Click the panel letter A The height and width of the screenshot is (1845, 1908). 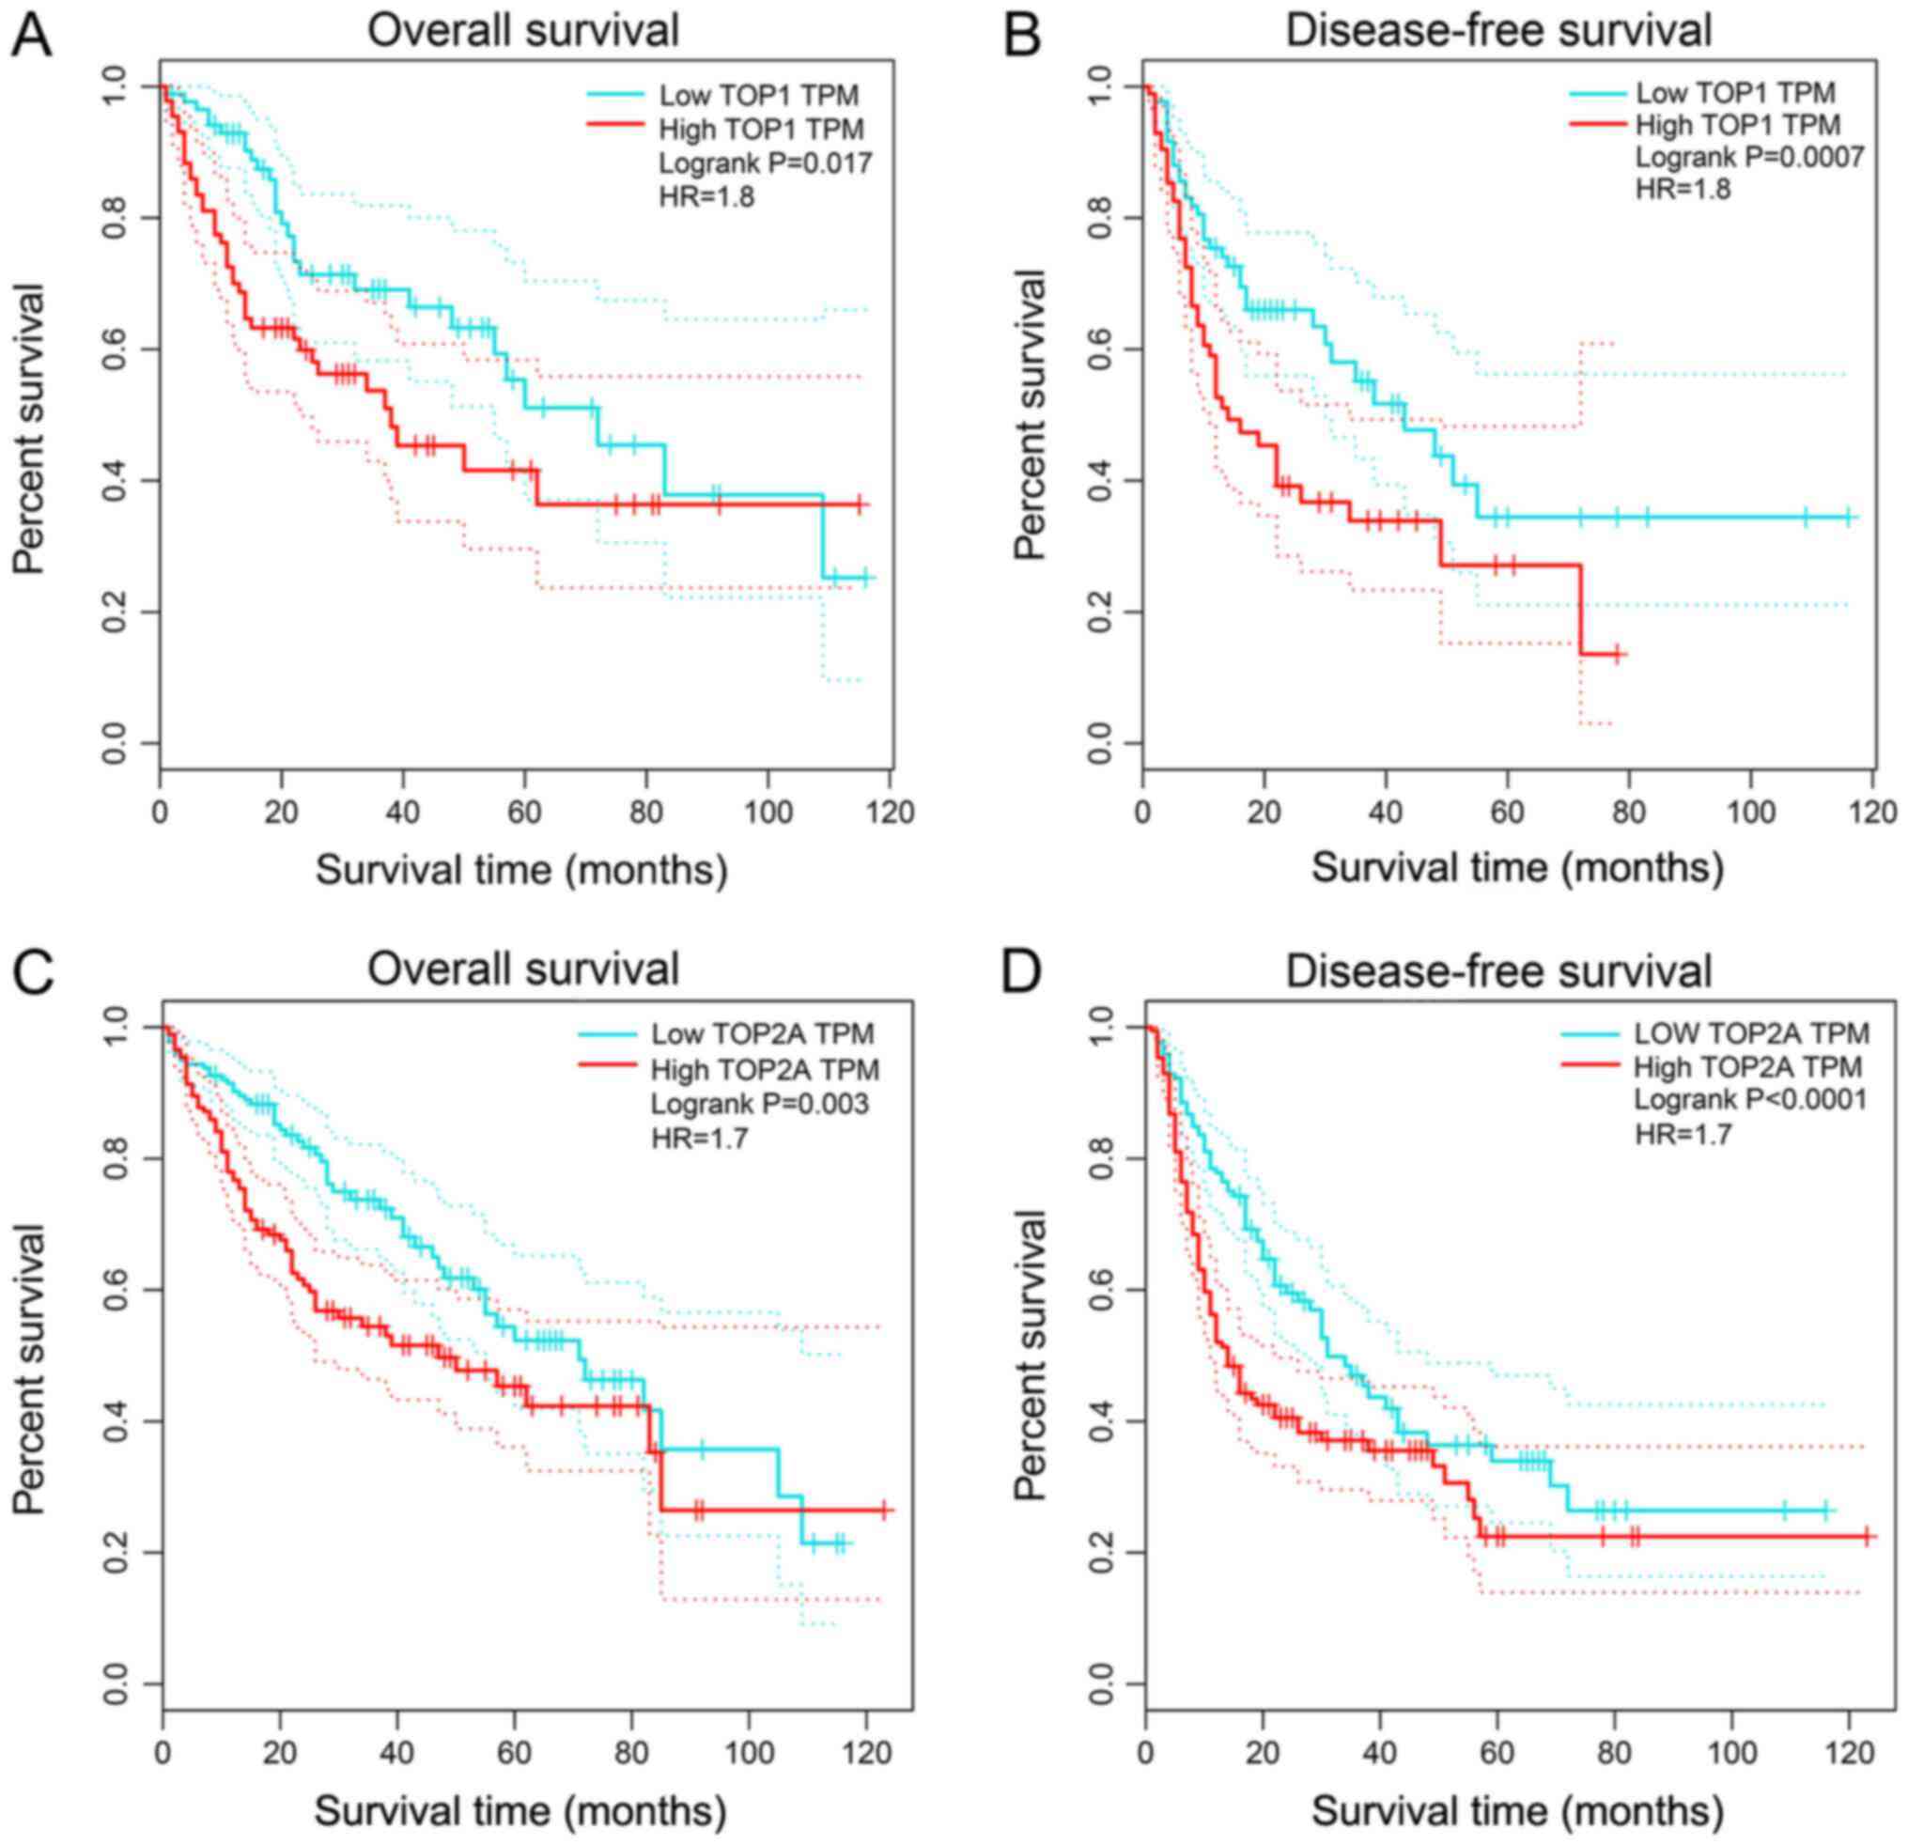pyautogui.click(x=28, y=33)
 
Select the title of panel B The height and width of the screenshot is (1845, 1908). pyautogui.click(x=1498, y=31)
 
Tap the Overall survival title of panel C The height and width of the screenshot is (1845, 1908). pyautogui.click(x=522, y=969)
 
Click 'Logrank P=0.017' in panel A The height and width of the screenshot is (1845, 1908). pyautogui.click(x=765, y=162)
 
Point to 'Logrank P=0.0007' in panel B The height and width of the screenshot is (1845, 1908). pyautogui.click(x=1749, y=156)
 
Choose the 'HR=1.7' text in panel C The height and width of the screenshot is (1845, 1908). pyautogui.click(x=700, y=1136)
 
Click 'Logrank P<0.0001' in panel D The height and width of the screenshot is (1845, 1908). pyautogui.click(x=1749, y=1100)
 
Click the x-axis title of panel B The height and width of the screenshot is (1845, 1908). pyautogui.click(x=1516, y=866)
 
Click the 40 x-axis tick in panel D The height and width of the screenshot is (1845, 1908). pyautogui.click(x=1380, y=1752)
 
